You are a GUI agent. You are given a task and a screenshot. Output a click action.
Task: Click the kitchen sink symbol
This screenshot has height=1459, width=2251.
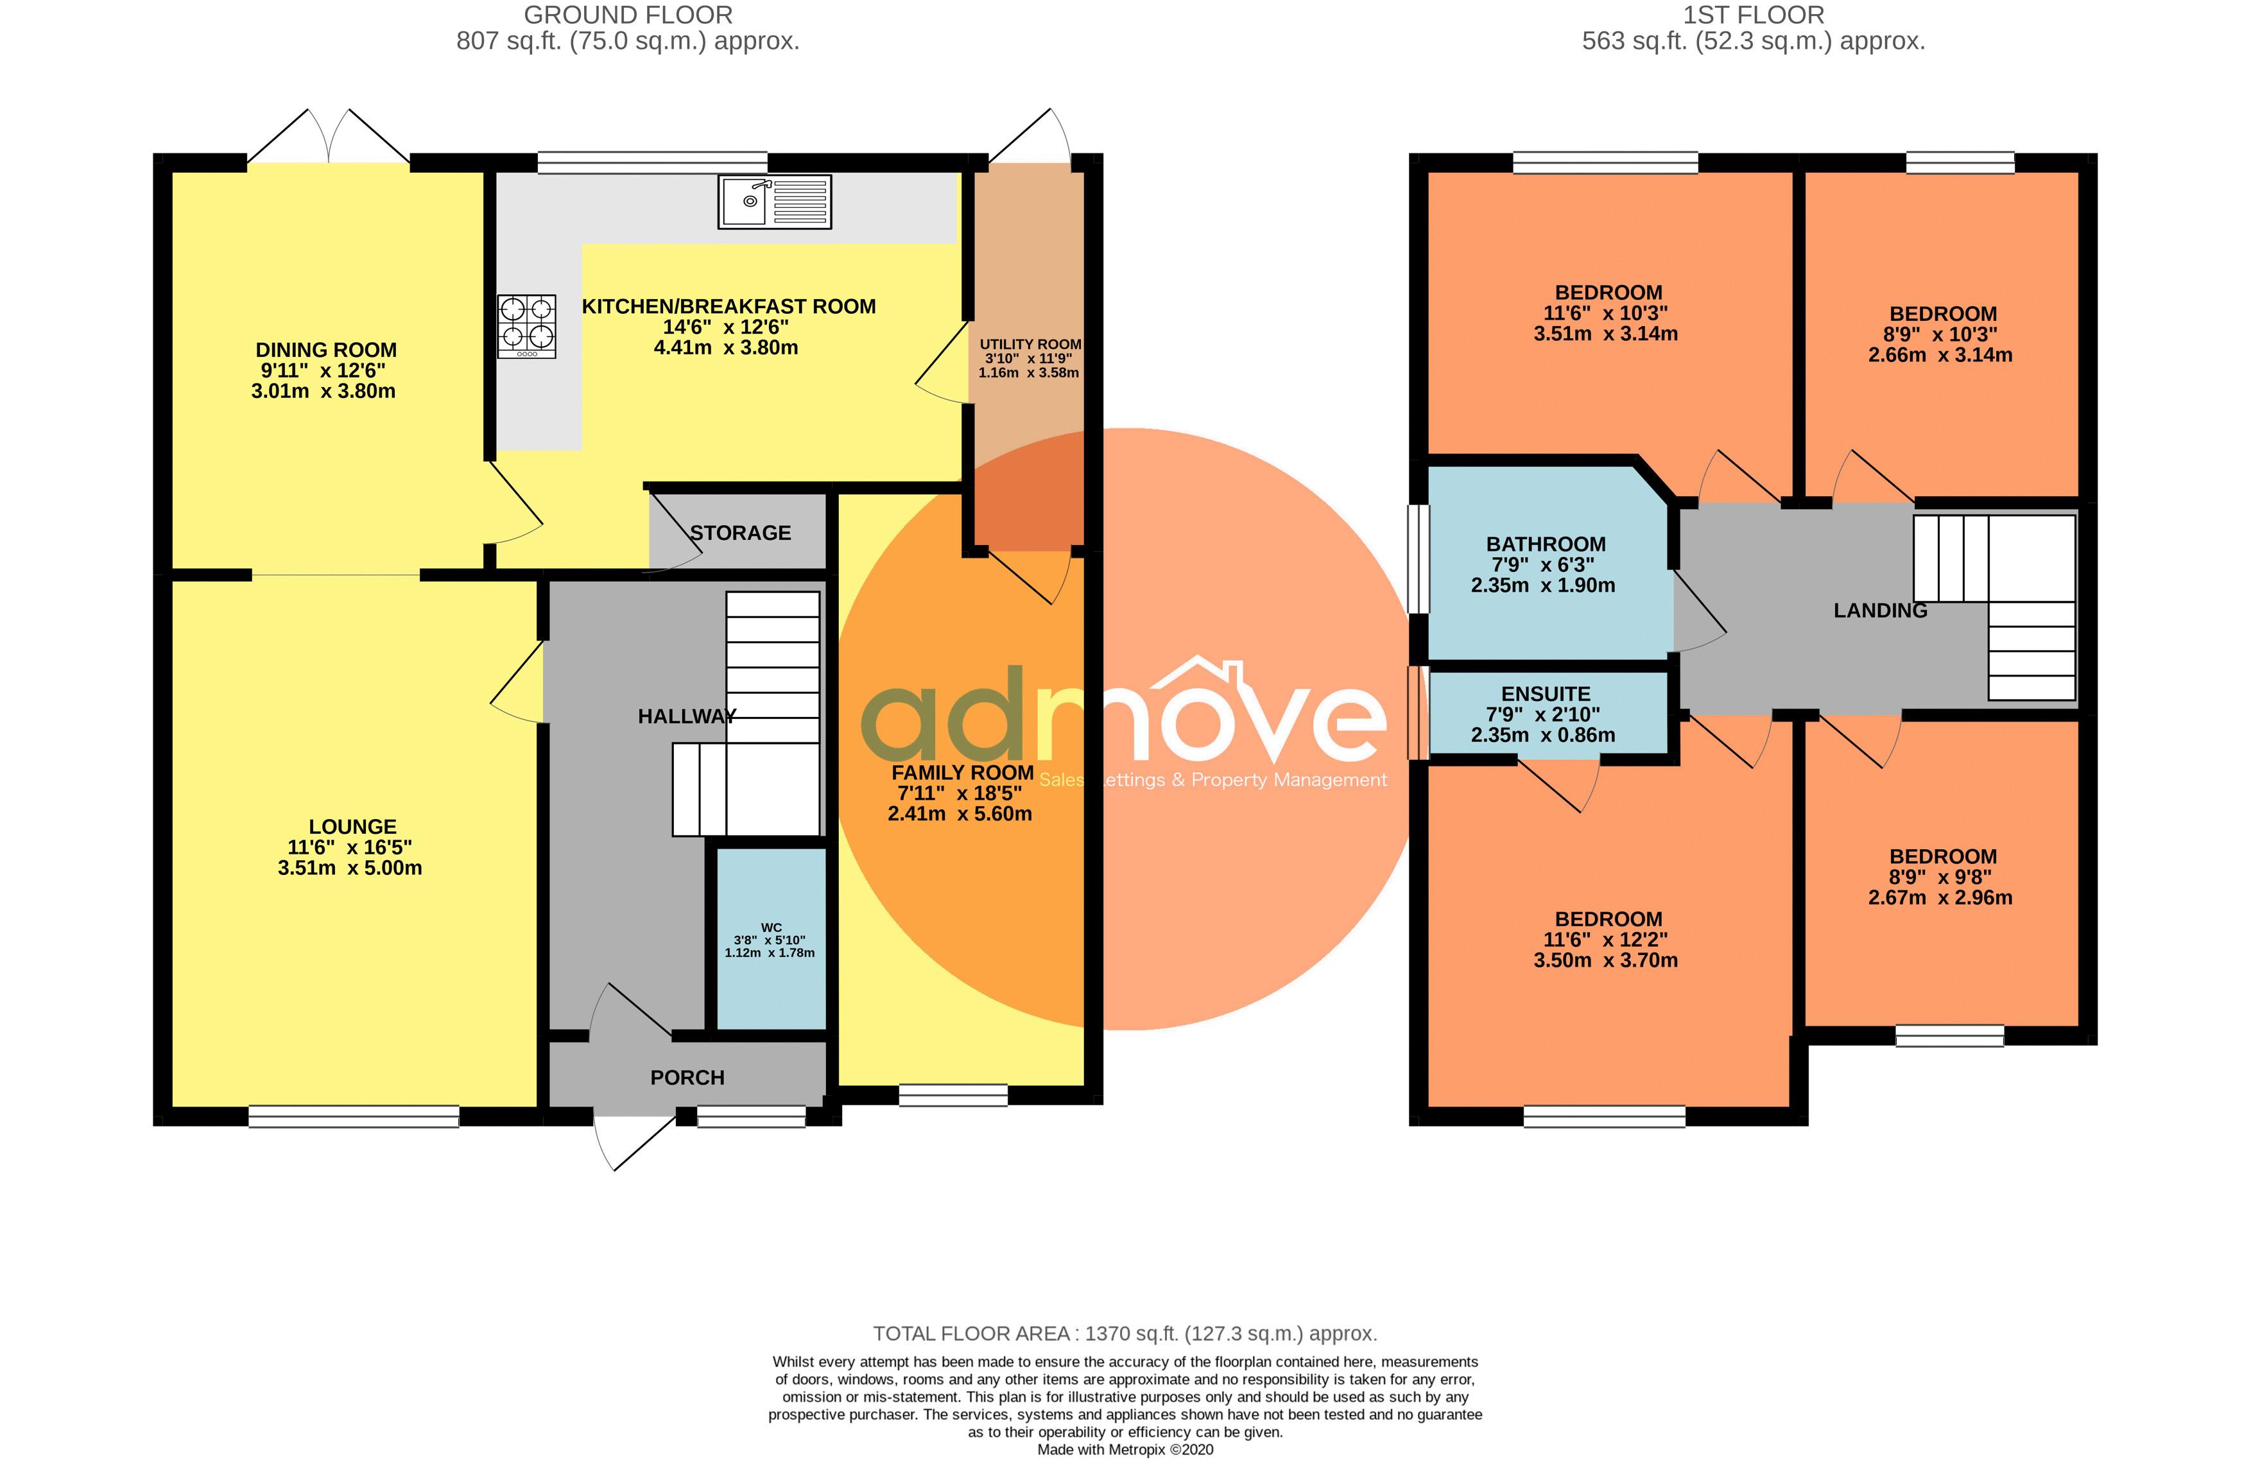775,202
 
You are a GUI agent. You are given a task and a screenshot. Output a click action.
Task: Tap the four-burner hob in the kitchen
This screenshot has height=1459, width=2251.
527,326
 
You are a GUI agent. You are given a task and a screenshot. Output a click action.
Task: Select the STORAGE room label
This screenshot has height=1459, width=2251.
741,533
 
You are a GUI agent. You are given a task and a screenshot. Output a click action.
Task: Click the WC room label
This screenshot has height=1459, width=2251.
771,928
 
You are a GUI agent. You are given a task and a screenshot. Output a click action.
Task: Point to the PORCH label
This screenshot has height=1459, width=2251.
687,1078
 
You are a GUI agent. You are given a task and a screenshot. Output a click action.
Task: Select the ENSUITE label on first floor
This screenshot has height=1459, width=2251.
1546,694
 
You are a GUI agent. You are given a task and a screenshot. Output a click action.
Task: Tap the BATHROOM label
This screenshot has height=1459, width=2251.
1546,545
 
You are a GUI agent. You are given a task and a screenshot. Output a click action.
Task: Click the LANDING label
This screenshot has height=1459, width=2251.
1880,611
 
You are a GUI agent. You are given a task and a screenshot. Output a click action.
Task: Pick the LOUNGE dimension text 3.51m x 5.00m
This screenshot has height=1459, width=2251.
350,868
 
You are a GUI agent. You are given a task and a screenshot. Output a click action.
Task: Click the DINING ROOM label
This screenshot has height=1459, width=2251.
326,350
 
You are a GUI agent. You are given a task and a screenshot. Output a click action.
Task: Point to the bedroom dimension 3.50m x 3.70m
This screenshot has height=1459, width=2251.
1606,961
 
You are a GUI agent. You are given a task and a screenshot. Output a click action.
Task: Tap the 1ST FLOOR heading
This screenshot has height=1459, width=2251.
1754,15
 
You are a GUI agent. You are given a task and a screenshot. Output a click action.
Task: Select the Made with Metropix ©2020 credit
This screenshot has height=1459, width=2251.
1125,1449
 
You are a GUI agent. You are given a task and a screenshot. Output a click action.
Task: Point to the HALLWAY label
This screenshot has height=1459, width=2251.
687,717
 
